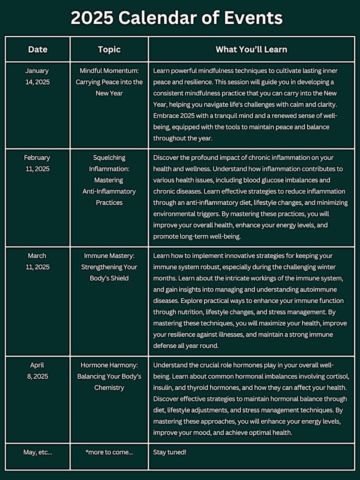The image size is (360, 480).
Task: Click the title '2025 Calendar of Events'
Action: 176,18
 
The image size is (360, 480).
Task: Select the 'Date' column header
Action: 37,49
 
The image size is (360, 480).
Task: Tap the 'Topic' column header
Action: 109,49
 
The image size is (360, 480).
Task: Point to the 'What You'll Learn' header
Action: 251,49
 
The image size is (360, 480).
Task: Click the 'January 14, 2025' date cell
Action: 37,76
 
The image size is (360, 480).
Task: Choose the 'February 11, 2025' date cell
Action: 37,163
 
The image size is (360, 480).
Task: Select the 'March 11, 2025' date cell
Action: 37,261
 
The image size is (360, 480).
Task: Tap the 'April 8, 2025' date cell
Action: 37,370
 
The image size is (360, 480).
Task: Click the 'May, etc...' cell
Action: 37,452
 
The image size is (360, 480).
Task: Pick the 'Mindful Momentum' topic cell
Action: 109,82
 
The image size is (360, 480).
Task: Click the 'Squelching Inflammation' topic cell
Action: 109,180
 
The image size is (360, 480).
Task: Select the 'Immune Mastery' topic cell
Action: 109,267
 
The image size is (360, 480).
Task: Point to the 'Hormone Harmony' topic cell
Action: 109,376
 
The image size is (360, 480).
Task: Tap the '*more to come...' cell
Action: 109,452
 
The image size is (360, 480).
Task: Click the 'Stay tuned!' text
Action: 170,452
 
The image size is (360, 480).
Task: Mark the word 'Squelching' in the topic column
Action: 109,157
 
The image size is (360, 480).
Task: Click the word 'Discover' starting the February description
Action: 168,157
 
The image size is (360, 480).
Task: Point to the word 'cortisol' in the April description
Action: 335,376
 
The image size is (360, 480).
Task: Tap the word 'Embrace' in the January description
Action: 168,116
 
